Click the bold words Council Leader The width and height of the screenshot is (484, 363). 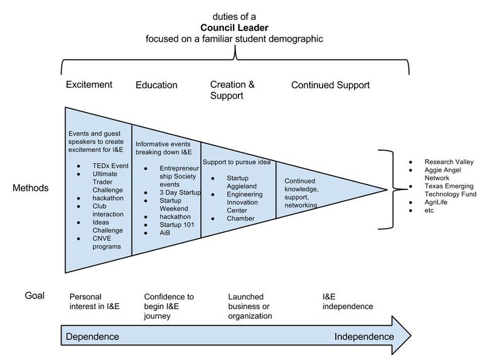pos(235,28)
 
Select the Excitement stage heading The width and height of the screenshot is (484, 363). pos(89,85)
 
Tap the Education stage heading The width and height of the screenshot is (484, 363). pos(156,85)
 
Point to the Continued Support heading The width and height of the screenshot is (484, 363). pos(330,85)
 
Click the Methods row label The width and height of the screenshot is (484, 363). pos(30,188)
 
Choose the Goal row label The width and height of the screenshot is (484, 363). pos(34,296)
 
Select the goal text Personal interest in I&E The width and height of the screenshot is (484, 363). pos(95,301)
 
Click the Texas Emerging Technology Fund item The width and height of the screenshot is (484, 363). pos(450,190)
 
